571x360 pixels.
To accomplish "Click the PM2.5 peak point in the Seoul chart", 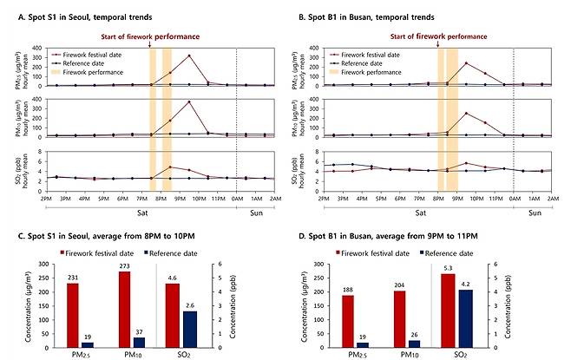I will [x=189, y=56].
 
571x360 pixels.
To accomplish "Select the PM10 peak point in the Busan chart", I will [x=466, y=114].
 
